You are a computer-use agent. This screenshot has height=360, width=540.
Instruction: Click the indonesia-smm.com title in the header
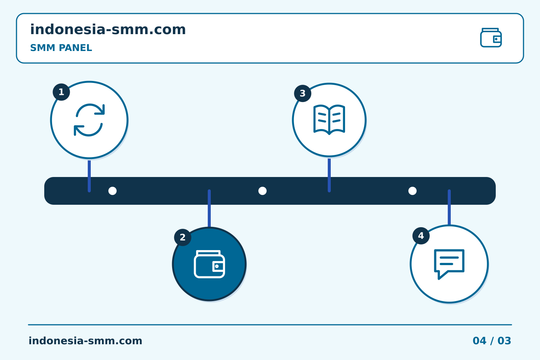[108, 30]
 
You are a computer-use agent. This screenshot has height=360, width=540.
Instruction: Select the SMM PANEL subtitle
[61, 48]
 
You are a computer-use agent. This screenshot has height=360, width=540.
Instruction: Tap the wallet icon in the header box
[491, 37]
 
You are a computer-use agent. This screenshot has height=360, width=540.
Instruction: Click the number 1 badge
[61, 92]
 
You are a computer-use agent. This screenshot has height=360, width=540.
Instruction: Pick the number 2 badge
[183, 237]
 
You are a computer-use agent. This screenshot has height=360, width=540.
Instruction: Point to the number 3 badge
[303, 93]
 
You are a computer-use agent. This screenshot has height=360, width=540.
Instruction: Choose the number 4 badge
[421, 235]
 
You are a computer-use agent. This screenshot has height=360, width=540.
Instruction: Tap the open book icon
[329, 120]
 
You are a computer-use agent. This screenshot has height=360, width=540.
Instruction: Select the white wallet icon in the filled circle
[209, 264]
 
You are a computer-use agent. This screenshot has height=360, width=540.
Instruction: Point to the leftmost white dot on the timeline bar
[112, 191]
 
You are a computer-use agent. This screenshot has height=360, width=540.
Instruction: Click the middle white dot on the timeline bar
[262, 191]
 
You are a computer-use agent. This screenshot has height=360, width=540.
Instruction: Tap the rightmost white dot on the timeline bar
[412, 191]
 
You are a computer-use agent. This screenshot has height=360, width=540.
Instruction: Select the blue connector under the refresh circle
[89, 176]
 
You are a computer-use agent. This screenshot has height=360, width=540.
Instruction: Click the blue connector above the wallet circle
[209, 208]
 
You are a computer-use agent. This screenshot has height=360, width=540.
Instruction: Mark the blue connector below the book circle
[329, 175]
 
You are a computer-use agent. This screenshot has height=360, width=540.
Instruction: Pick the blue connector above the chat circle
[449, 207]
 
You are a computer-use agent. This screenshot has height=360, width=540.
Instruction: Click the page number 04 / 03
[492, 341]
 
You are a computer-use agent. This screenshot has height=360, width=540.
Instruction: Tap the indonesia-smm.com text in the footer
[85, 341]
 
